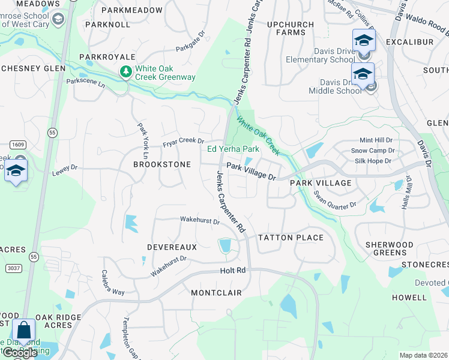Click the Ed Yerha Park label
[x=233, y=149]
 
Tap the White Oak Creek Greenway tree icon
[x=126, y=72]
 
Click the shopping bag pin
[x=23, y=331]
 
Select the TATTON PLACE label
[x=291, y=238]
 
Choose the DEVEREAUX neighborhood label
[x=172, y=247]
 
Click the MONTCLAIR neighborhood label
[x=216, y=293]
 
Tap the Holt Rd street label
[x=233, y=271]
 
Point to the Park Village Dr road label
[x=251, y=173]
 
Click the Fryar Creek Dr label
[x=184, y=142]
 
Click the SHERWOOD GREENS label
[x=389, y=249]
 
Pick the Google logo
[x=20, y=353]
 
